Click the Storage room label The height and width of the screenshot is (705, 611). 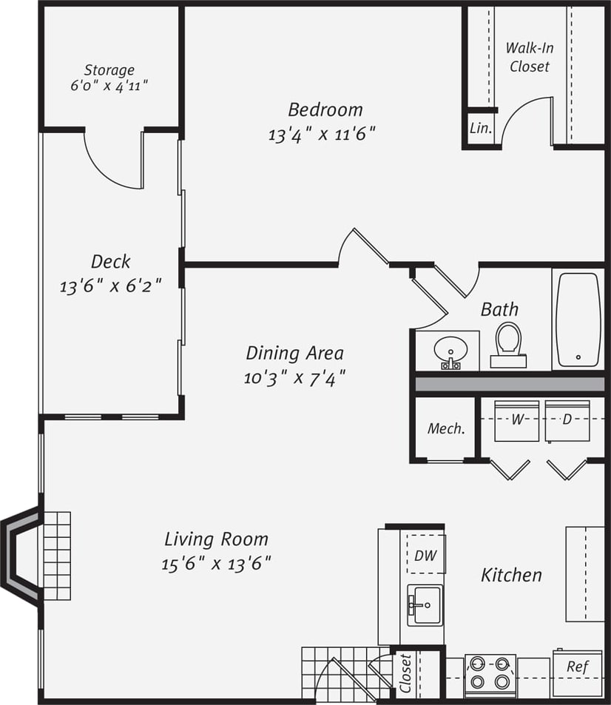tap(109, 70)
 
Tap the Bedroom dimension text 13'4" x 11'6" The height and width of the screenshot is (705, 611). tap(323, 135)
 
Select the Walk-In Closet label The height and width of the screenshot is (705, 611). tap(529, 57)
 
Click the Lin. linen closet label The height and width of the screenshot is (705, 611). tap(480, 128)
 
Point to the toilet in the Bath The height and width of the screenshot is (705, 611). tap(508, 344)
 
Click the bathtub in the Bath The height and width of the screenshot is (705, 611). tap(578, 319)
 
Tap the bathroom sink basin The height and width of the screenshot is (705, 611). tap(448, 350)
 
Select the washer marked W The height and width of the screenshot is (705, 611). tap(516, 420)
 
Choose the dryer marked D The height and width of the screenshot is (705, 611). tap(567, 420)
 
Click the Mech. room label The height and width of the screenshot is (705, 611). tap(446, 429)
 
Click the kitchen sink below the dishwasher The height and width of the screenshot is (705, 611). tap(425, 605)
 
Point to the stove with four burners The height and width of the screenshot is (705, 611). tap(489, 673)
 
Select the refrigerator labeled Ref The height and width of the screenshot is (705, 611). tap(577, 667)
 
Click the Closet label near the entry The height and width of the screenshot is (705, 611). tap(405, 673)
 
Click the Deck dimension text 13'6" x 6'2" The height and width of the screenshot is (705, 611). tap(110, 286)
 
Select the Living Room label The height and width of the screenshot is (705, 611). tap(216, 539)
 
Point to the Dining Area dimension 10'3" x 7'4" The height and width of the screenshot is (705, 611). tap(295, 378)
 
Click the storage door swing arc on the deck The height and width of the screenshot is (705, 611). tap(111, 166)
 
